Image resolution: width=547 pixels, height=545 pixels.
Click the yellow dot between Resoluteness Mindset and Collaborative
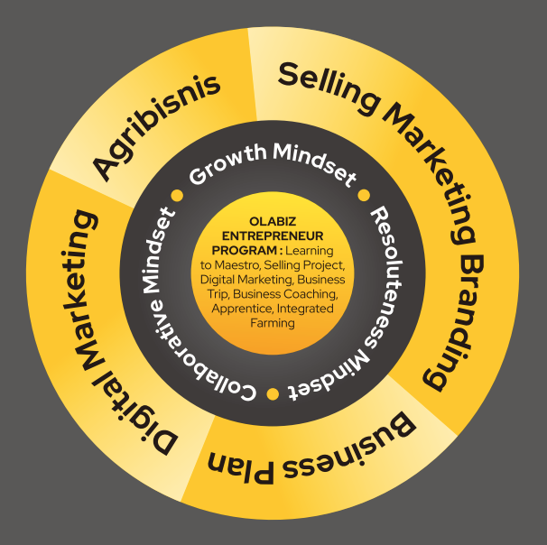coord(273,394)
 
